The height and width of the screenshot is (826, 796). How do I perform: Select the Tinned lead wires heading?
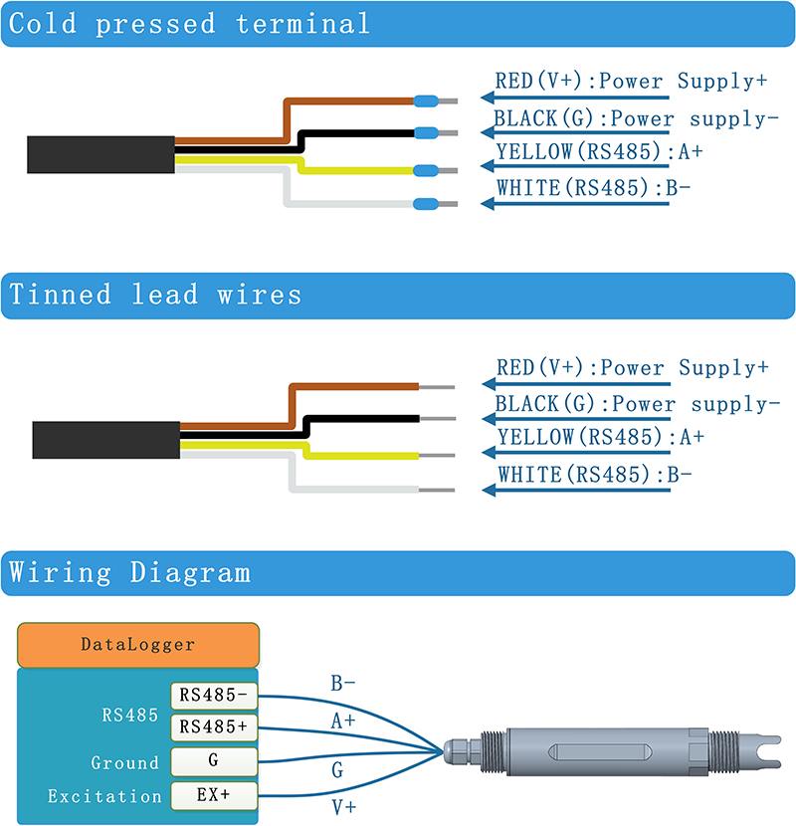point(155,296)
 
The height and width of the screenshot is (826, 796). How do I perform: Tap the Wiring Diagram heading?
point(129,573)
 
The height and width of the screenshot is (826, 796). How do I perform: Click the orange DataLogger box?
point(137,645)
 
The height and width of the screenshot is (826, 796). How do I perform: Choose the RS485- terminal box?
point(214,695)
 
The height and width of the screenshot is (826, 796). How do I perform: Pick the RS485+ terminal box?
point(214,727)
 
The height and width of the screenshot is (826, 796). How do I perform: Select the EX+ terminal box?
point(214,795)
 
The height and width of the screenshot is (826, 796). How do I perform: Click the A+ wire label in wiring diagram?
point(342,721)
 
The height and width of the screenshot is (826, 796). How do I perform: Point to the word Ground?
point(124,763)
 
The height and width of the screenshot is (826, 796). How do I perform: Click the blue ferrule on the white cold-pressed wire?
point(427,204)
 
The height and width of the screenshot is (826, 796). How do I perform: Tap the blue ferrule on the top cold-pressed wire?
point(427,100)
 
